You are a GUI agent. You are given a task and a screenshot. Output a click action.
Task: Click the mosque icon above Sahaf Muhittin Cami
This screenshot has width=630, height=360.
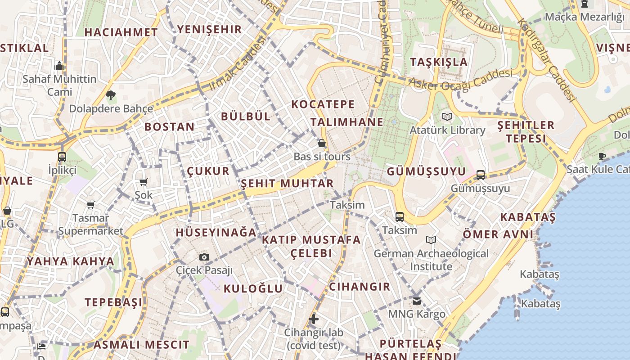tap(59, 67)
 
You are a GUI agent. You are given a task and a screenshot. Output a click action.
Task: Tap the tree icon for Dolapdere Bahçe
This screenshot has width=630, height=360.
tap(110, 95)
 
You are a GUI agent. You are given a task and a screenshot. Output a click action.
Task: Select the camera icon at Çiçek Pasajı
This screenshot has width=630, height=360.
tap(204, 257)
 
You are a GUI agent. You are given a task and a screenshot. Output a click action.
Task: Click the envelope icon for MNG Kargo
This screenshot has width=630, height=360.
tap(417, 301)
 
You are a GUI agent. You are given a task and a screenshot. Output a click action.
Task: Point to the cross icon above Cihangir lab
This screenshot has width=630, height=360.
tap(314, 319)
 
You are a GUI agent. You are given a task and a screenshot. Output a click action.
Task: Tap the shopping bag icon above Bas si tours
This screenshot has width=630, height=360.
tap(321, 144)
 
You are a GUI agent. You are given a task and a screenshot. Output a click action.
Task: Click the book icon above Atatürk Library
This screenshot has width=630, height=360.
tap(447, 117)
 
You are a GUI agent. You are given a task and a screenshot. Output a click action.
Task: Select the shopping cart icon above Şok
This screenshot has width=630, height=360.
tap(144, 182)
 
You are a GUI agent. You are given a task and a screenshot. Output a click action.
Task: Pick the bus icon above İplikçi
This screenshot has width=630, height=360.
tap(62, 157)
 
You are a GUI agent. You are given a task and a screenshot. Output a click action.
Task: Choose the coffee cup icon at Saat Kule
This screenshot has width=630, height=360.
tap(602, 157)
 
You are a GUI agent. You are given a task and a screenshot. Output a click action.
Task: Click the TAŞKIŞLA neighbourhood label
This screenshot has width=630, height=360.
tap(439, 62)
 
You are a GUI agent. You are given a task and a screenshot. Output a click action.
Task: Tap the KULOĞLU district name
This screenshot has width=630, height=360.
tap(253, 289)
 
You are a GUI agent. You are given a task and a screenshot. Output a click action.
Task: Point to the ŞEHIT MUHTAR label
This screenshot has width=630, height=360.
tap(287, 184)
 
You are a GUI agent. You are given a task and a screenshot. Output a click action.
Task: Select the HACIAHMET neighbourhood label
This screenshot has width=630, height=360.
tap(121, 32)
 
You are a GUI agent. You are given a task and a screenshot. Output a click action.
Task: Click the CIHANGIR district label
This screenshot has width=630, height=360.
tap(360, 287)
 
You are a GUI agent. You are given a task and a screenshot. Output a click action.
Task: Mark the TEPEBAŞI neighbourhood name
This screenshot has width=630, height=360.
tap(113, 302)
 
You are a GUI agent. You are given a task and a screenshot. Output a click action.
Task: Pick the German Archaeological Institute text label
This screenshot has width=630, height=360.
tap(431, 260)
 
